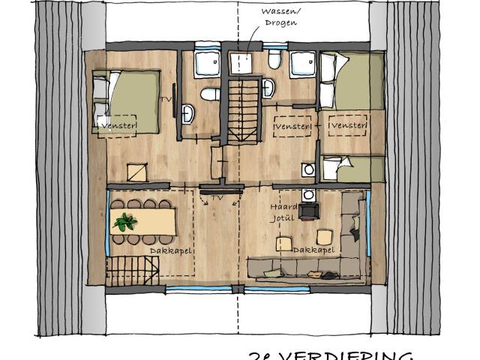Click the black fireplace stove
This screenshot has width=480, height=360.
pos(307,210)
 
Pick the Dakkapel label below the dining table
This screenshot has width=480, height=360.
pos(165,250)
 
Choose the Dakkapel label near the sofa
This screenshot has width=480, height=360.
pos(310,250)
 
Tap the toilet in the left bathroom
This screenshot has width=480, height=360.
pos(210,94)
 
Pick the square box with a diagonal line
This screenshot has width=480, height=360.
pos(136,172)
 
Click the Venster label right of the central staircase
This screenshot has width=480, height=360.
pos(293,129)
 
